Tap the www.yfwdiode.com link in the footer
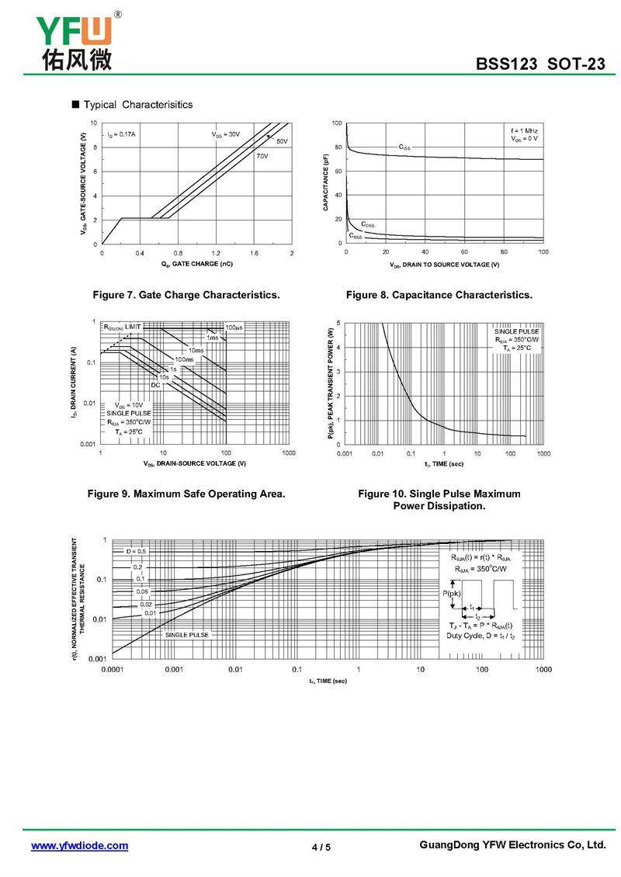point(79,845)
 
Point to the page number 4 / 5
point(321,847)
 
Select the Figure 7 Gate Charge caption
point(186,295)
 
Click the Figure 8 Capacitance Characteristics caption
point(439,295)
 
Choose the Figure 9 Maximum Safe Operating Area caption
point(186,494)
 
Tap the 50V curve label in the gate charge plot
point(282,141)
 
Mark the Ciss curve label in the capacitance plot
point(405,146)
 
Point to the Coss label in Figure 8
point(368,224)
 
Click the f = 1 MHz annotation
point(524,130)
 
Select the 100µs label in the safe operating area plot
point(234,328)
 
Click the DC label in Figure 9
point(155,385)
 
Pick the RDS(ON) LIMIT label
point(123,328)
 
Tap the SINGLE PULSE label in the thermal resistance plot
point(187,634)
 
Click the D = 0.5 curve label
point(136,550)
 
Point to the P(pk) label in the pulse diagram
point(452,594)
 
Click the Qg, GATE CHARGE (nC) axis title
point(197,264)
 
